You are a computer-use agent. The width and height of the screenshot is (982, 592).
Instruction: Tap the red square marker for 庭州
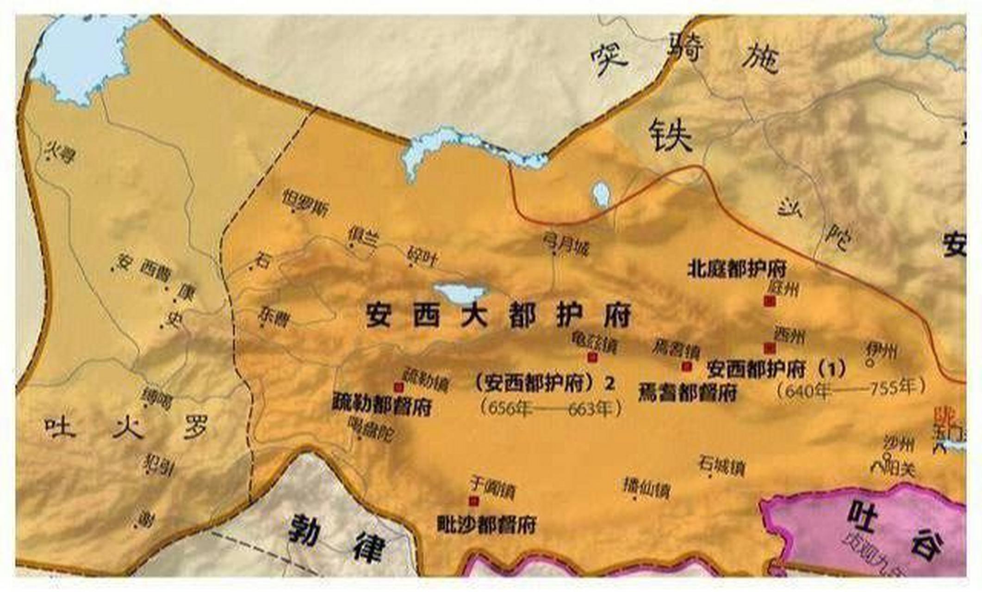[x=770, y=302]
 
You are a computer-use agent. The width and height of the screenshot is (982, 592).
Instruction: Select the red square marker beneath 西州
[x=770, y=348]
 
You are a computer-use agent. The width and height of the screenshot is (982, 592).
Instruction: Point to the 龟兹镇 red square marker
[x=592, y=357]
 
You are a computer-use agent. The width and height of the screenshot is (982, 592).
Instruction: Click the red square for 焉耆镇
[x=687, y=366]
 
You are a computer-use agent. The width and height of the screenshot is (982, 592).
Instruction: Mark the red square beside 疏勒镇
[x=398, y=387]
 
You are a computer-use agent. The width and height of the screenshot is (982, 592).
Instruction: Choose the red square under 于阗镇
[x=473, y=501]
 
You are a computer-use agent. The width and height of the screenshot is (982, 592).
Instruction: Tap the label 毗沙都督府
[x=487, y=525]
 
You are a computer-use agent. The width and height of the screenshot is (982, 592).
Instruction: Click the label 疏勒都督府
[x=382, y=406]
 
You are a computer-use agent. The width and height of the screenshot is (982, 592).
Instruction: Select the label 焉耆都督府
[x=688, y=393]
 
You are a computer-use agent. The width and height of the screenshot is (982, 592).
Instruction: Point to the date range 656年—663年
[x=551, y=409]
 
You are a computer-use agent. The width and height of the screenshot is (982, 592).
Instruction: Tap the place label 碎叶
[x=423, y=257]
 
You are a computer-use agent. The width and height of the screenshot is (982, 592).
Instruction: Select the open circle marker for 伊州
[x=870, y=363]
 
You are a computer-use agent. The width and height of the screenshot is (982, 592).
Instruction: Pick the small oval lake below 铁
[x=601, y=194]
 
